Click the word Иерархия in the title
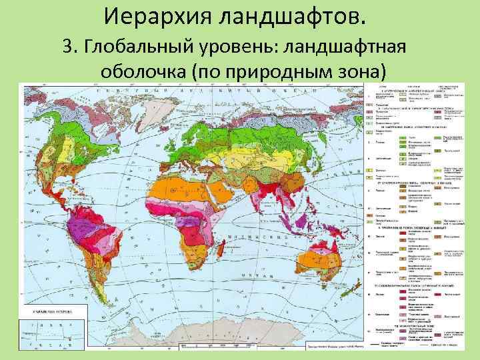(157, 15)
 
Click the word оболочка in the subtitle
(143, 71)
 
